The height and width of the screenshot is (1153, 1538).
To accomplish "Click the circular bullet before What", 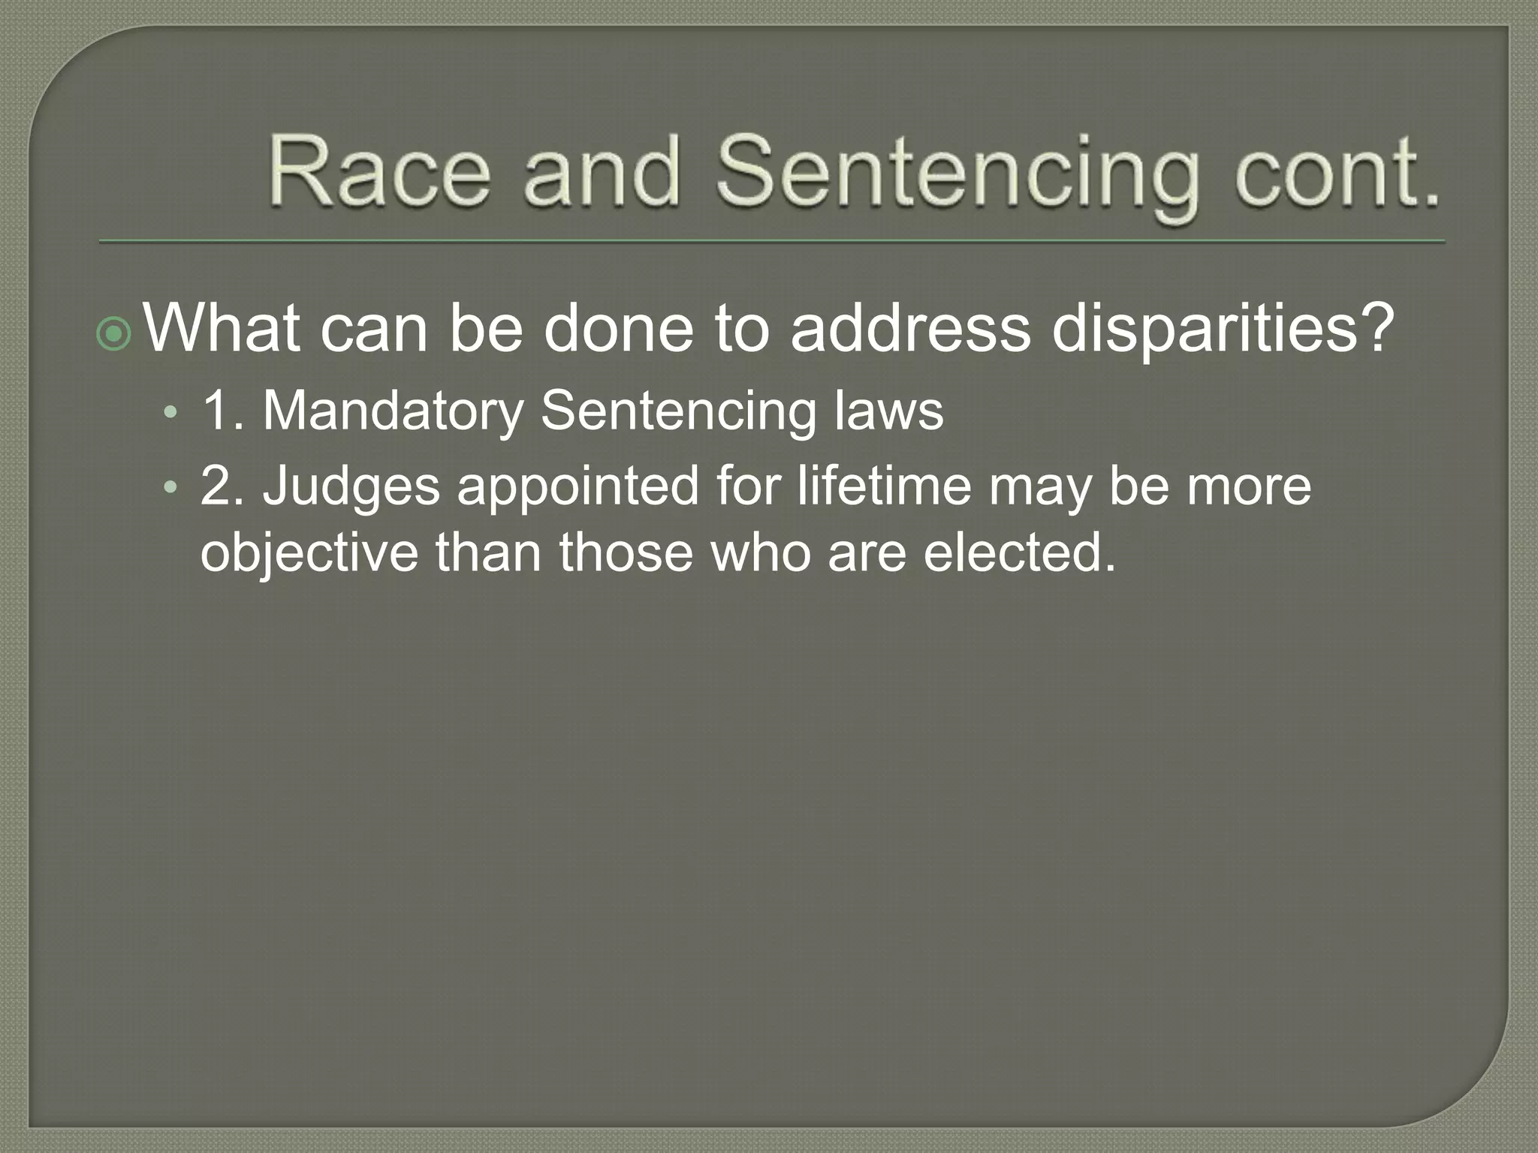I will [115, 335].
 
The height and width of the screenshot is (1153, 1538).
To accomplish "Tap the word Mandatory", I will [393, 411].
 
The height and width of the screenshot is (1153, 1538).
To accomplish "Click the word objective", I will [309, 554].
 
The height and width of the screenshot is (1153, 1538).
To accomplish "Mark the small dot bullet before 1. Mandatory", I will [172, 413].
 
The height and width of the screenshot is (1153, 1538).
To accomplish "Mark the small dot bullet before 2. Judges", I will [172, 488].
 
